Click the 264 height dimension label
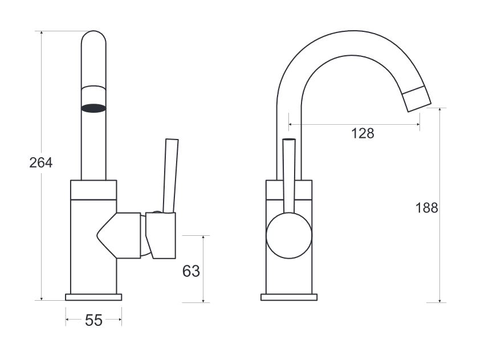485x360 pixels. (41, 163)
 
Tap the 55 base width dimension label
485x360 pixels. (93, 321)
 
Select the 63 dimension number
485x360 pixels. (191, 271)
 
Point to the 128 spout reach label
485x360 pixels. (362, 133)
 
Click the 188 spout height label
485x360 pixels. (426, 208)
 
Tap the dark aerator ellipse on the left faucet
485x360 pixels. (93, 108)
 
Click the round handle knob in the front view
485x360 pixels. (289, 236)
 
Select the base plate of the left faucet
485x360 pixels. (93, 297)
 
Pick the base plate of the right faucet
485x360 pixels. (289, 297)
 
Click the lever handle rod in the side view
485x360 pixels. (170, 175)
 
